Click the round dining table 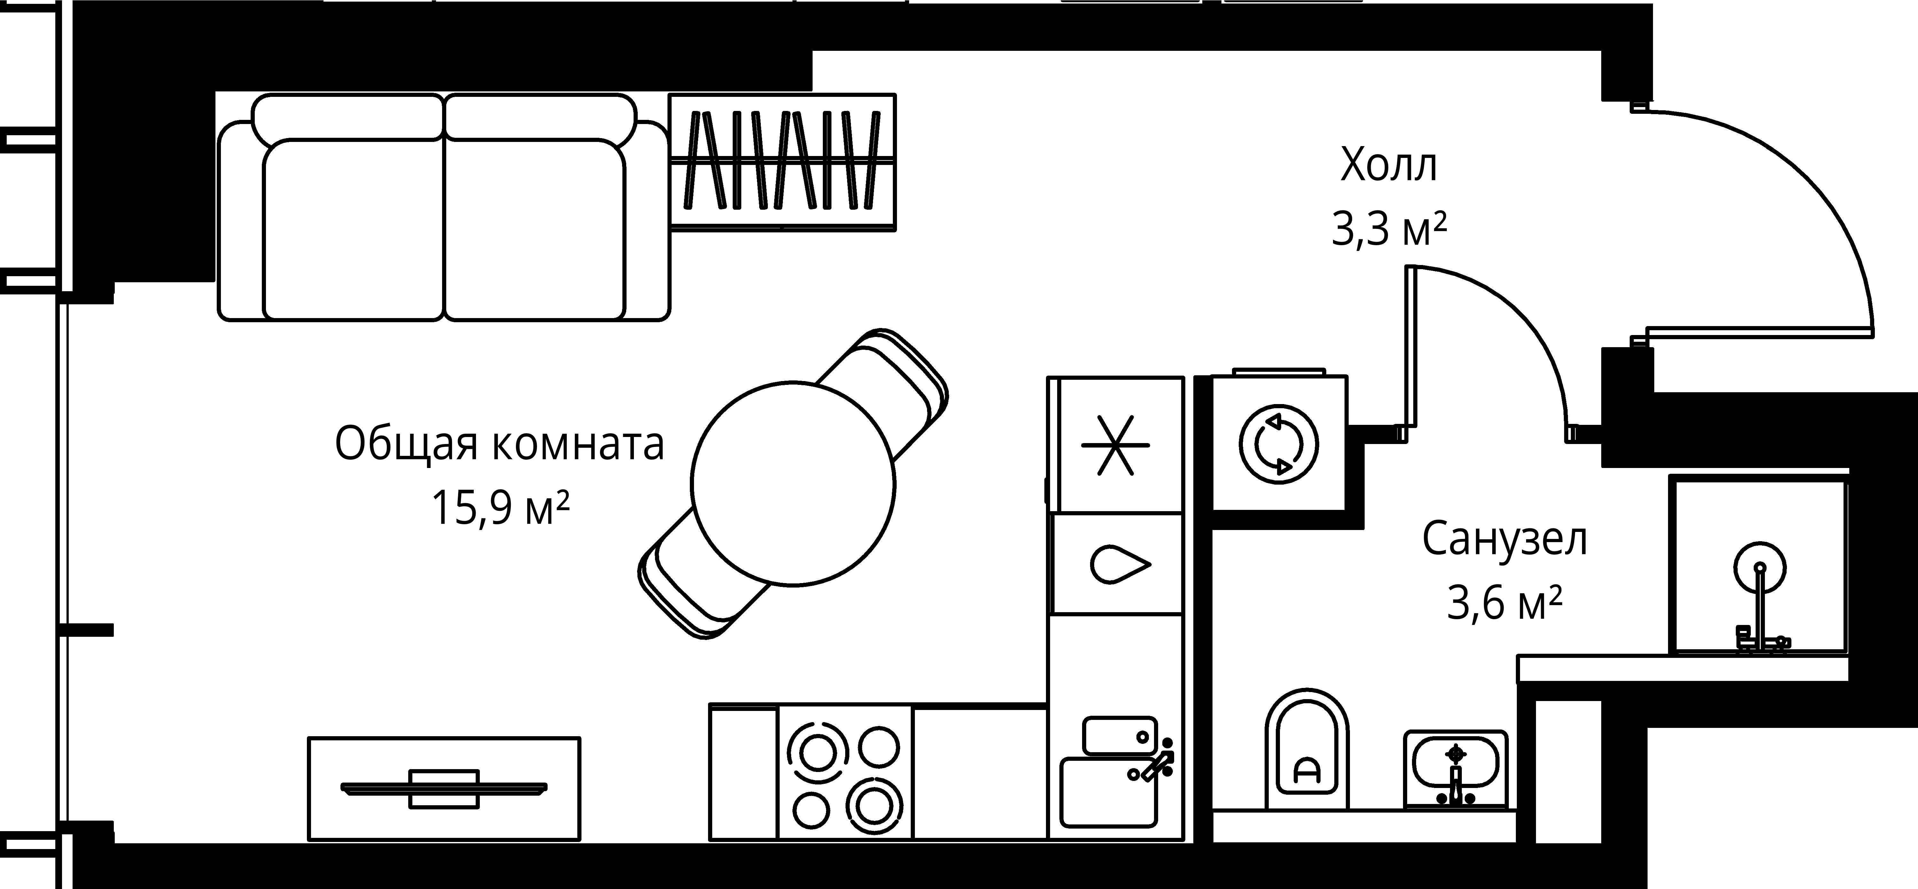click(x=793, y=482)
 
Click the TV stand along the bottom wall click(x=444, y=788)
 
